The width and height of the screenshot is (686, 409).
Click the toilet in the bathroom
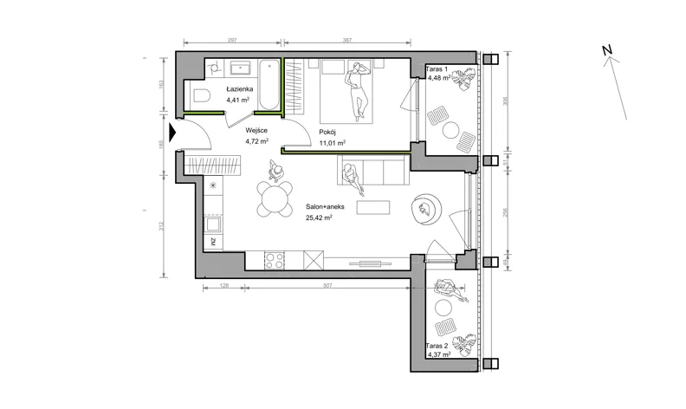coord(202,95)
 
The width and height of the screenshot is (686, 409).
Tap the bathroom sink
coord(240,68)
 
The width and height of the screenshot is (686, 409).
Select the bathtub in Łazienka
coord(269,85)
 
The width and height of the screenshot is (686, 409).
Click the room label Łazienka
coord(240,89)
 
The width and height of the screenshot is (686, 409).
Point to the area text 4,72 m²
coord(256,141)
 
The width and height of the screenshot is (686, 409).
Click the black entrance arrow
coord(172,133)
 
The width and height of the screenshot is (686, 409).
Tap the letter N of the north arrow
coord(607,50)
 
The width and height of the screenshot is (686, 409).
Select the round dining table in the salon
coord(275,198)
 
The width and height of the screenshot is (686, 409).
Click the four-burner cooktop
coord(275,261)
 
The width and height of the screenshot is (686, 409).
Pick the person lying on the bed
coord(357,91)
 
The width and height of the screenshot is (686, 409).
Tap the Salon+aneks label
coord(325,207)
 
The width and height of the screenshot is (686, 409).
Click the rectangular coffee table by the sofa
coord(373,207)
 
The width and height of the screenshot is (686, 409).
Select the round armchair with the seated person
coord(426,209)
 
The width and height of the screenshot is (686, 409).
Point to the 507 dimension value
coord(327,285)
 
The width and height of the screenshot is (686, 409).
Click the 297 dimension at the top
coord(232,40)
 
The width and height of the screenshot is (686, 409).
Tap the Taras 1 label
coord(437,68)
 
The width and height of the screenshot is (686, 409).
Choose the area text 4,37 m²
coord(439,354)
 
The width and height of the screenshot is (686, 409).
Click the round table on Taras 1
coord(450,130)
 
